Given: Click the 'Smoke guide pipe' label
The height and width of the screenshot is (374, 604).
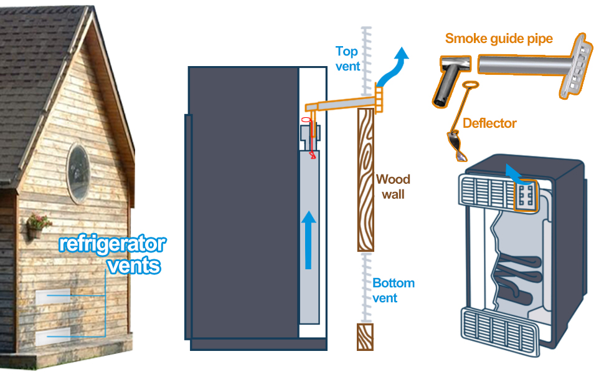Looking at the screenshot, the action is point(499,39).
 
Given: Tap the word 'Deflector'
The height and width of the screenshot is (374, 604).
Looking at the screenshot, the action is point(489,123).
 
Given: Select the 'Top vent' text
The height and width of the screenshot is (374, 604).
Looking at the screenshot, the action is point(347,59).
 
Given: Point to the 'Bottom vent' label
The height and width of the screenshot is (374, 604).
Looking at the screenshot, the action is point(394,290).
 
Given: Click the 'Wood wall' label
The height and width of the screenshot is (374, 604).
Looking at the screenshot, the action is point(393,187).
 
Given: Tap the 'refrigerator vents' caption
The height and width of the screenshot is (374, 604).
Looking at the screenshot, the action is point(113,254).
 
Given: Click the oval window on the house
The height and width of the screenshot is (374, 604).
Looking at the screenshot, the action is point(78,173).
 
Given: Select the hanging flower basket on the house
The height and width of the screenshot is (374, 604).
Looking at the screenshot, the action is point(38,226).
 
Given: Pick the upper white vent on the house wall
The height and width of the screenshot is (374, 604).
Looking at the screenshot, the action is point(53,297).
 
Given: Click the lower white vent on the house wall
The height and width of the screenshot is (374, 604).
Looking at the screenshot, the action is point(53,336).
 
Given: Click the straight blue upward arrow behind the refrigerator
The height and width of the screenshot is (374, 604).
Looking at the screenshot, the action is point(308,240).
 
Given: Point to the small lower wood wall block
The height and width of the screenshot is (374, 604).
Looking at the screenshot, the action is point(365,337).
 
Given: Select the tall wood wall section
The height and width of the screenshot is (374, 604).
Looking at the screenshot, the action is point(366,180).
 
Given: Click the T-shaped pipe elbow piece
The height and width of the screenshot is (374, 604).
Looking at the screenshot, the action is point(451,79).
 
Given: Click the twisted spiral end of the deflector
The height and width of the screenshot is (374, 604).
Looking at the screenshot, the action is point(456,146).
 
